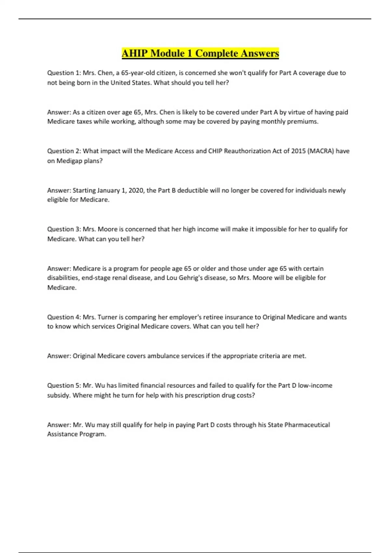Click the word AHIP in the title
tap(135, 53)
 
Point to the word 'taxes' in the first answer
tap(84, 122)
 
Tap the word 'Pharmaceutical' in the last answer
tap(307, 425)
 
